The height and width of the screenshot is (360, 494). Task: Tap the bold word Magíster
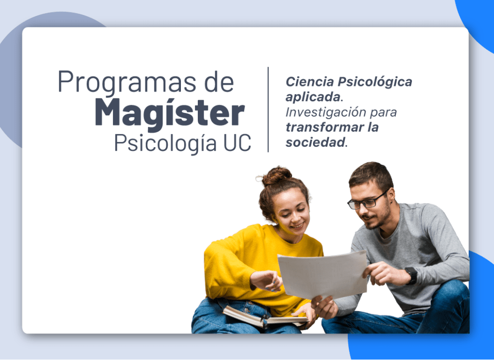[170, 113]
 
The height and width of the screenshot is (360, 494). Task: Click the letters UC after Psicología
[237, 143]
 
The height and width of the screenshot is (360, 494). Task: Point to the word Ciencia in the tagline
[310, 82]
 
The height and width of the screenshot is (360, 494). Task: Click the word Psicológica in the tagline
[375, 82]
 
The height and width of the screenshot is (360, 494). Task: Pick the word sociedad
[315, 142]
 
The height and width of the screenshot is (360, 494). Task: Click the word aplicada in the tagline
[313, 97]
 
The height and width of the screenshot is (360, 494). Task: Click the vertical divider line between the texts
[268, 110]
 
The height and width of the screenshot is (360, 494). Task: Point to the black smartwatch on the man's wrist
[412, 276]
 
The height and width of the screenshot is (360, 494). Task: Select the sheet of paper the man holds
[323, 275]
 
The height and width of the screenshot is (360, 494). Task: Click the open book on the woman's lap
[265, 318]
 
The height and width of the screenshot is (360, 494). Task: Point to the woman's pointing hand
[266, 280]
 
